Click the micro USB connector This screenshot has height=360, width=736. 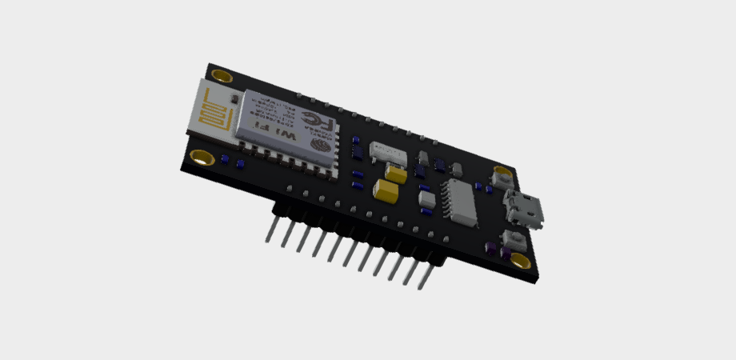(x=526, y=210)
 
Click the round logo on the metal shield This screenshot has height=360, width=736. (x=319, y=147)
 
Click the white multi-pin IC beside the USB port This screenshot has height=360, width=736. (x=459, y=198)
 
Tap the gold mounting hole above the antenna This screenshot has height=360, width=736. (x=221, y=77)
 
